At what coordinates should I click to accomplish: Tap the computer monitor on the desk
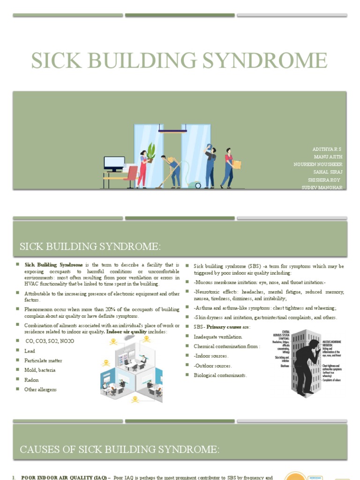point(114,164)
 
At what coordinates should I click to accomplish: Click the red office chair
point(132,176)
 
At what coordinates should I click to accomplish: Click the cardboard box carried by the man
point(237,165)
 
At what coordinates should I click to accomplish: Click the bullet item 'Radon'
point(31,380)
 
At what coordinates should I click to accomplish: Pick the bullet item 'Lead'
point(30,351)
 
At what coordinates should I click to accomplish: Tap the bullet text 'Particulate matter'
point(43,360)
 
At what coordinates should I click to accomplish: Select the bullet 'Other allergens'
point(41,390)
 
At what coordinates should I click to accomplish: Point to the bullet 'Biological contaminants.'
point(220,375)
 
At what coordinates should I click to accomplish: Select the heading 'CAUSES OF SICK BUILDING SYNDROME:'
point(120,450)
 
